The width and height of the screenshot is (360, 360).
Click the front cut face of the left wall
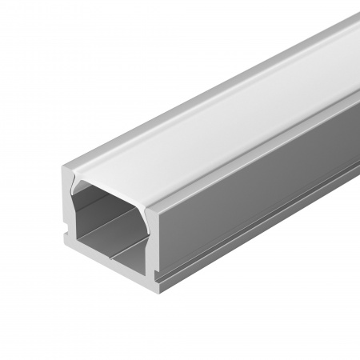67,204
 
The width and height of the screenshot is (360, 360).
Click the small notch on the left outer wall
62,237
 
